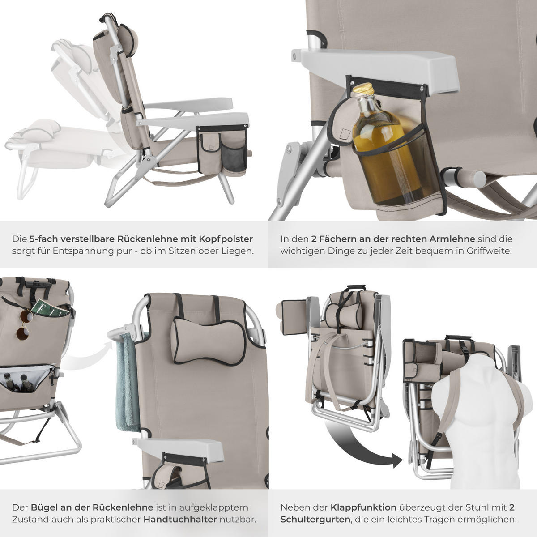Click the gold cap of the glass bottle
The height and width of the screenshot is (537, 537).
point(363,89)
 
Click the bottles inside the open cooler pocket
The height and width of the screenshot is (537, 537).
point(18,383)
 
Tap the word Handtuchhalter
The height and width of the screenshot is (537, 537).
point(180,520)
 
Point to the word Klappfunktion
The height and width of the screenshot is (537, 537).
point(363,507)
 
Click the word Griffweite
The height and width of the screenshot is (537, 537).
point(488,251)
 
